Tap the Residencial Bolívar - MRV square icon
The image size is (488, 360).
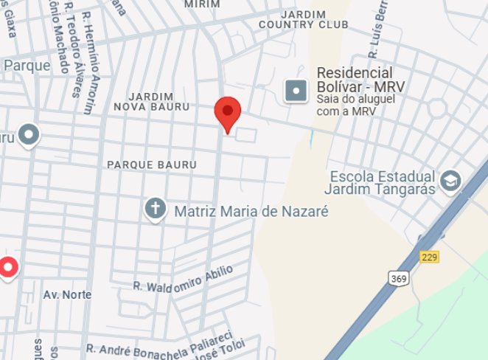click(x=296, y=91)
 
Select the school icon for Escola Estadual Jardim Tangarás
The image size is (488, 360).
click(x=450, y=181)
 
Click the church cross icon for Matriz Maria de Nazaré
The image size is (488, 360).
click(x=156, y=209)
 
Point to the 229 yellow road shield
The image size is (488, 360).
click(x=430, y=257)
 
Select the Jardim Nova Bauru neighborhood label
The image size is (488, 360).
click(x=151, y=102)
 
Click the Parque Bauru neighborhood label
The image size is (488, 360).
click(x=152, y=164)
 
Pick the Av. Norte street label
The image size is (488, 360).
click(x=67, y=294)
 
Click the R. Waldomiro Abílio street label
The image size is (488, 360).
click(x=183, y=278)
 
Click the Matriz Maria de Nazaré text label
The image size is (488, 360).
click(x=251, y=211)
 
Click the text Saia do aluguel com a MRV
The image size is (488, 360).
click(x=346, y=104)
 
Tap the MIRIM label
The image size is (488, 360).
click(x=202, y=4)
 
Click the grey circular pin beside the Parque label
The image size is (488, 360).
click(x=29, y=135)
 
